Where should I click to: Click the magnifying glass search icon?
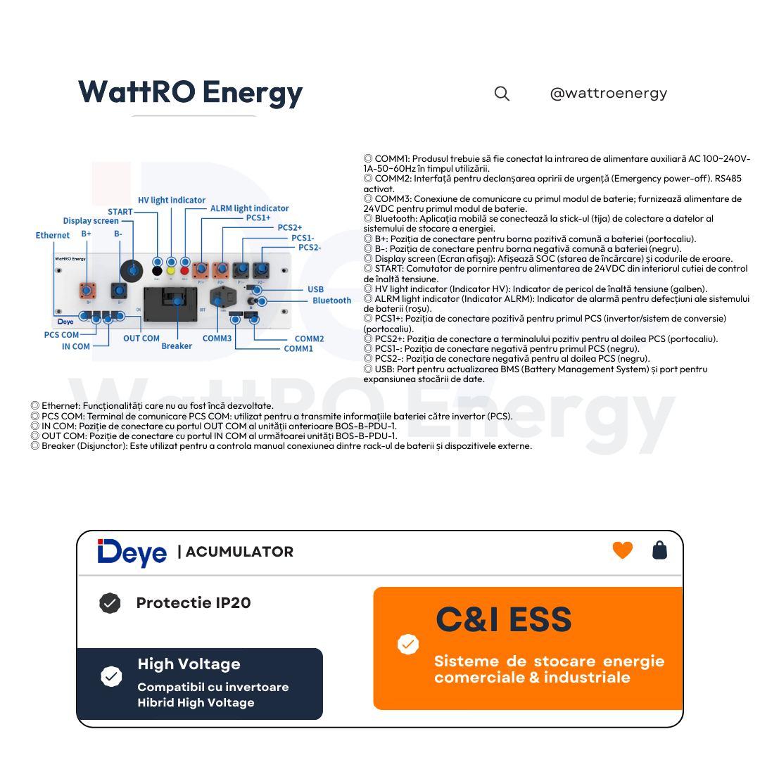tap(502, 94)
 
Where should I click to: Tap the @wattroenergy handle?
tap(608, 93)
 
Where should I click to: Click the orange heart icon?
tap(622, 550)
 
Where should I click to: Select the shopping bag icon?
tap(659, 550)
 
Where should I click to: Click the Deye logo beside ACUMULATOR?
tap(132, 552)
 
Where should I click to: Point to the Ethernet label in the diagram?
tap(52, 235)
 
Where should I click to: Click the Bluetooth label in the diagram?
tap(331, 300)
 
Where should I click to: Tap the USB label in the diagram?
tap(315, 289)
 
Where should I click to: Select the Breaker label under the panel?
tap(177, 346)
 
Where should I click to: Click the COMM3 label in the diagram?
tap(217, 338)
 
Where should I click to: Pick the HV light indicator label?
tap(172, 200)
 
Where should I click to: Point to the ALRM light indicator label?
tap(249, 208)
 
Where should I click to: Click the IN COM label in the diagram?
tap(75, 346)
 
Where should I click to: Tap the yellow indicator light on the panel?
tap(170, 271)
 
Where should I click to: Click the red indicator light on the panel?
tap(184, 271)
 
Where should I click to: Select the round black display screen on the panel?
tap(132, 270)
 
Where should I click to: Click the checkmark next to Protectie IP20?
tap(110, 603)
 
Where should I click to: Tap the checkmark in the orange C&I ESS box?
tap(407, 644)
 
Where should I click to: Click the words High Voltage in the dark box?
tap(189, 664)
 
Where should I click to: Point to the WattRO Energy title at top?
tap(191, 92)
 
